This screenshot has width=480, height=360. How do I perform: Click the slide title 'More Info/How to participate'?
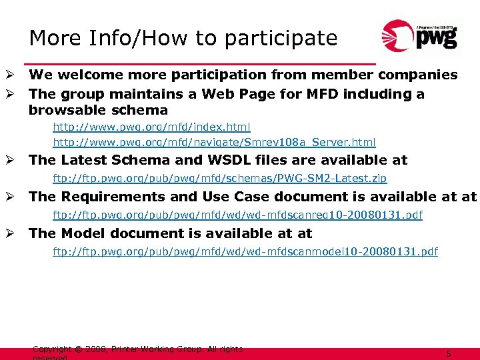click(183, 38)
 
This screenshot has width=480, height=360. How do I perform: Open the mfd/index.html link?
click(151, 126)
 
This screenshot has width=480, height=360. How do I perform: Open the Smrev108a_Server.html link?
click(214, 142)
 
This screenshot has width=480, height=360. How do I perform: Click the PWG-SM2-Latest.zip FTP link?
click(219, 179)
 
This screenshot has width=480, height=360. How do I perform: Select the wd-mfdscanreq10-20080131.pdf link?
click(237, 215)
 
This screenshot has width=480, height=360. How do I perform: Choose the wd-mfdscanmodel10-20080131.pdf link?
click(245, 252)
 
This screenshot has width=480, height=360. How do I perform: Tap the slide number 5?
click(449, 354)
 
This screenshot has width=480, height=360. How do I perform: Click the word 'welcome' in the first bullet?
click(90, 75)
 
